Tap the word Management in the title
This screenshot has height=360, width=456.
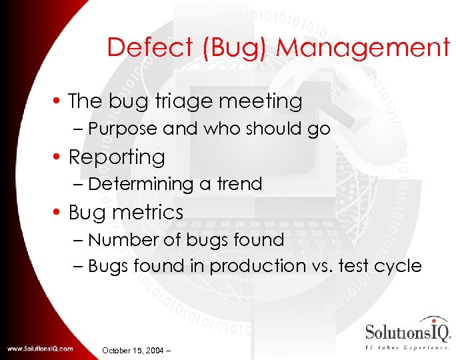coord(363,47)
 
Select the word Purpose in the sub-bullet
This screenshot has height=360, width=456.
coord(123,129)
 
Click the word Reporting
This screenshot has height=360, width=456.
coord(117,157)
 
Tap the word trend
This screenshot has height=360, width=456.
coord(239,184)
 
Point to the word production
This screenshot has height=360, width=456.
coord(253,266)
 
